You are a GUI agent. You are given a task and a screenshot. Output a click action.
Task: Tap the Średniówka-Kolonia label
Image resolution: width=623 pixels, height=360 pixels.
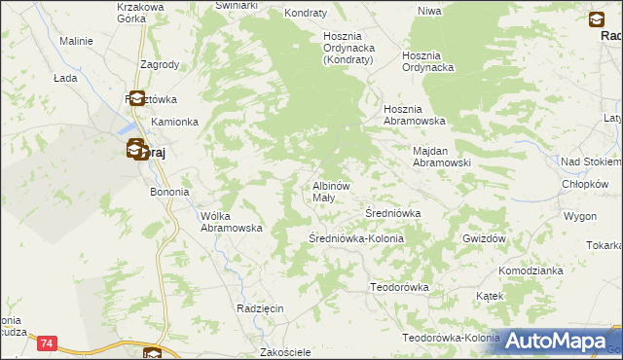point(356,238)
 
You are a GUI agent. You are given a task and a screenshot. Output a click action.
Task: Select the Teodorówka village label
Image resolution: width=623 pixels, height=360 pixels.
point(399,287)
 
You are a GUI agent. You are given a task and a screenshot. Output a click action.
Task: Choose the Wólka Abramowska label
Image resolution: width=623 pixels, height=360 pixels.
point(232,222)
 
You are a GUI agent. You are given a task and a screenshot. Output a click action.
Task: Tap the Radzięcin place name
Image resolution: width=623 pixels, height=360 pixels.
point(260,307)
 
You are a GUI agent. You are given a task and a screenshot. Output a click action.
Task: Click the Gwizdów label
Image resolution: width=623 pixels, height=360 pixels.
point(486,238)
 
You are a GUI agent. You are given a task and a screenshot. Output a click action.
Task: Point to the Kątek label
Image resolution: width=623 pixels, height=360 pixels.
point(490,295)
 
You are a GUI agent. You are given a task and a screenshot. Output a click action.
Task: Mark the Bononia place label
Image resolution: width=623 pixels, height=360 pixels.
point(168,193)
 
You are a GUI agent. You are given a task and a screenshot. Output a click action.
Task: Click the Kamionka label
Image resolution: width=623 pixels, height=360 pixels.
point(174,123)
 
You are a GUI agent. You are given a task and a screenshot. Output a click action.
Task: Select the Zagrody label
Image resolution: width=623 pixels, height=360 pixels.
point(159,65)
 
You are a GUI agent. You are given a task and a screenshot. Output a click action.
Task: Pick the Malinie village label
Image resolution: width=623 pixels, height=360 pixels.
point(76,42)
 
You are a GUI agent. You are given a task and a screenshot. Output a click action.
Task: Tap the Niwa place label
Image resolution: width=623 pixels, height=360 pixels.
point(429,11)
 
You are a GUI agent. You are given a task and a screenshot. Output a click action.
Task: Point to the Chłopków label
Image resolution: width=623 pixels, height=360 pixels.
point(585,184)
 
